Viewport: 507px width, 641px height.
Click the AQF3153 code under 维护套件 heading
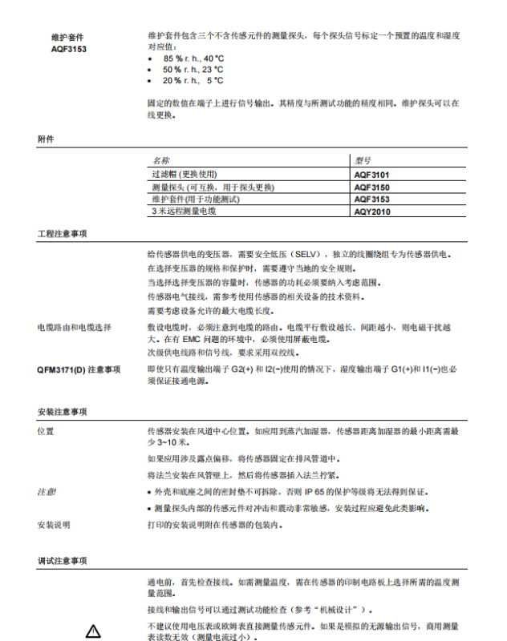point(69,49)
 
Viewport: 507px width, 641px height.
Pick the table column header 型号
point(363,160)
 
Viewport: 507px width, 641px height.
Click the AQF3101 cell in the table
point(372,174)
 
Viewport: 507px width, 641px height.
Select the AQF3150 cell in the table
point(372,187)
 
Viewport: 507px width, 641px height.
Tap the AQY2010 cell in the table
point(372,211)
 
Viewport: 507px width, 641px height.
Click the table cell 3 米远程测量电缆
point(184,211)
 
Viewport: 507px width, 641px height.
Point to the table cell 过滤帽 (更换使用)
point(185,174)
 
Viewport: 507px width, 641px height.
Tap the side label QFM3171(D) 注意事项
point(79,369)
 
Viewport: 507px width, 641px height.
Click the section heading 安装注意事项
point(62,412)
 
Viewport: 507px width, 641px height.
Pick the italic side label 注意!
point(47,490)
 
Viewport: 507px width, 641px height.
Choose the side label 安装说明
point(54,525)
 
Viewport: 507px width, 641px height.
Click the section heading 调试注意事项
point(62,561)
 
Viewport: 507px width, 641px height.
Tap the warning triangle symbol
point(93,631)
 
